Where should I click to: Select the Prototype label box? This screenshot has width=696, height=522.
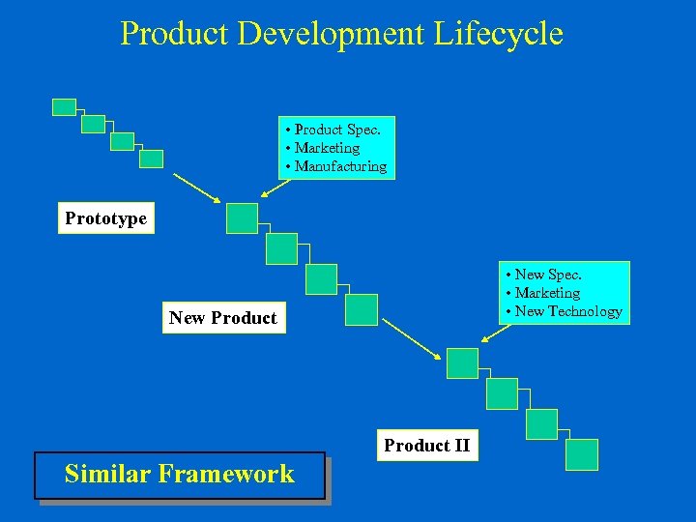105,218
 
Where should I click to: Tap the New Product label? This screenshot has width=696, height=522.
222,318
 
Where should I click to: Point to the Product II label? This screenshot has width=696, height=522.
426,446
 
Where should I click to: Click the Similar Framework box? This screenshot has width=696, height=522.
179,475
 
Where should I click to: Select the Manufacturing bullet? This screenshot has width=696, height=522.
339,166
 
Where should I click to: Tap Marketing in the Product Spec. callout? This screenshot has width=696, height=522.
327,148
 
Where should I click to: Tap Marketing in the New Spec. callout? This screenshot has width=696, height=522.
547,293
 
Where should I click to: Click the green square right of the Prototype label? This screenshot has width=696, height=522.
242,218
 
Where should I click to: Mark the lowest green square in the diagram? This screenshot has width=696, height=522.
582,454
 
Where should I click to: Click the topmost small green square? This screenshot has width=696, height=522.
64,107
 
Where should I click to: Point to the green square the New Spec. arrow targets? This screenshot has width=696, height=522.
462,363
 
